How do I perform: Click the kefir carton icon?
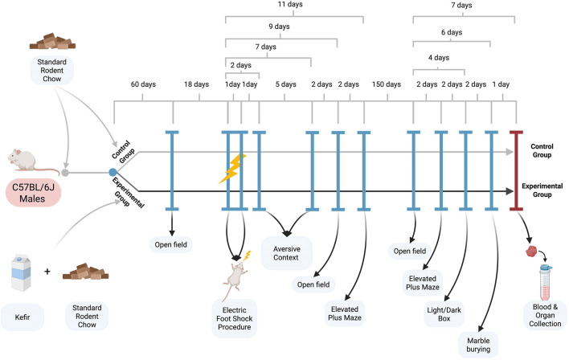click(21, 274)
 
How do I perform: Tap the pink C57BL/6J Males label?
click(33, 193)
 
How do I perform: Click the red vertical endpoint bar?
click(516, 170)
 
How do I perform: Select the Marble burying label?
click(478, 345)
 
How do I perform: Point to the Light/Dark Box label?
click(444, 314)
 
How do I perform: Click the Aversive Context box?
click(286, 253)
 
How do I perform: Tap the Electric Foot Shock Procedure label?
click(235, 318)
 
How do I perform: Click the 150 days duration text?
click(386, 84)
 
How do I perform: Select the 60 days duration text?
click(143, 84)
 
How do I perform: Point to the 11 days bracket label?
click(290, 4)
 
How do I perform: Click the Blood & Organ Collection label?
click(545, 315)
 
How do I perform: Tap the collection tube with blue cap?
click(545, 282)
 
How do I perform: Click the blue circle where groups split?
click(113, 173)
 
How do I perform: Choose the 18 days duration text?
click(196, 84)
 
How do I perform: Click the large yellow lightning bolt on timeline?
click(232, 169)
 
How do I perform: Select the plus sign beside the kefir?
click(47, 272)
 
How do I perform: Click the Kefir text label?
click(23, 317)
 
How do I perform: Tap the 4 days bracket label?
click(438, 58)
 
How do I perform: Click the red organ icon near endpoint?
click(531, 251)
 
